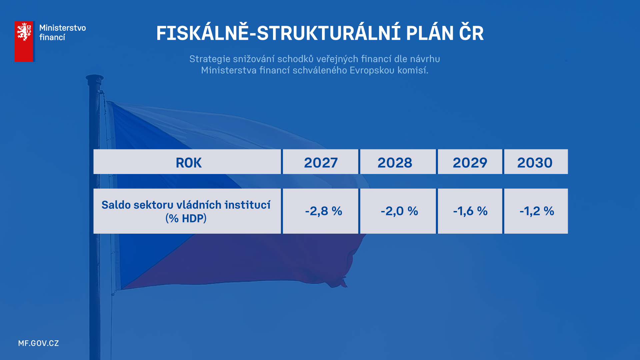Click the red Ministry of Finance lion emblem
(x=24, y=41)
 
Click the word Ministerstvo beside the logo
(x=63, y=28)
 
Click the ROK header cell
(x=187, y=162)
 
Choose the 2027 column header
(x=321, y=162)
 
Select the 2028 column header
(x=398, y=162)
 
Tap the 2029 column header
(x=470, y=162)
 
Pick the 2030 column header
(x=536, y=162)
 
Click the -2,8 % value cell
(x=321, y=211)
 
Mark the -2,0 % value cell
(x=398, y=211)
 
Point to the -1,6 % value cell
(x=470, y=211)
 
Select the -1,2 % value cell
(x=536, y=211)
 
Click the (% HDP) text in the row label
(x=186, y=218)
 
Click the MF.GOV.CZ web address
(x=39, y=343)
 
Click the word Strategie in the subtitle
(x=210, y=59)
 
